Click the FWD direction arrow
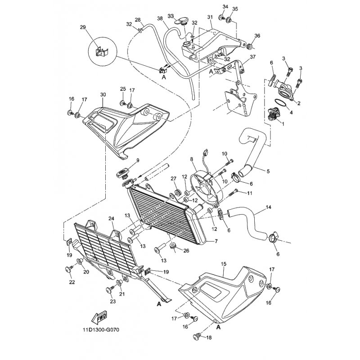coord(99,318)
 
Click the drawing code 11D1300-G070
coord(101,330)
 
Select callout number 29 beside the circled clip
coord(83,27)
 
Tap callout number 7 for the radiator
coord(216,241)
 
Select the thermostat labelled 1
coord(272,114)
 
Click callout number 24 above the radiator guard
coord(111,219)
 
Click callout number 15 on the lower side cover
coord(223,264)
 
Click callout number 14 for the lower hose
coord(268,207)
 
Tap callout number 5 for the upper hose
coord(268,171)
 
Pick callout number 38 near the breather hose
coord(160,18)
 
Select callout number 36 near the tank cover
coord(257,36)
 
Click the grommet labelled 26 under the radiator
coord(173,246)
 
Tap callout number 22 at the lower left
coord(72,282)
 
